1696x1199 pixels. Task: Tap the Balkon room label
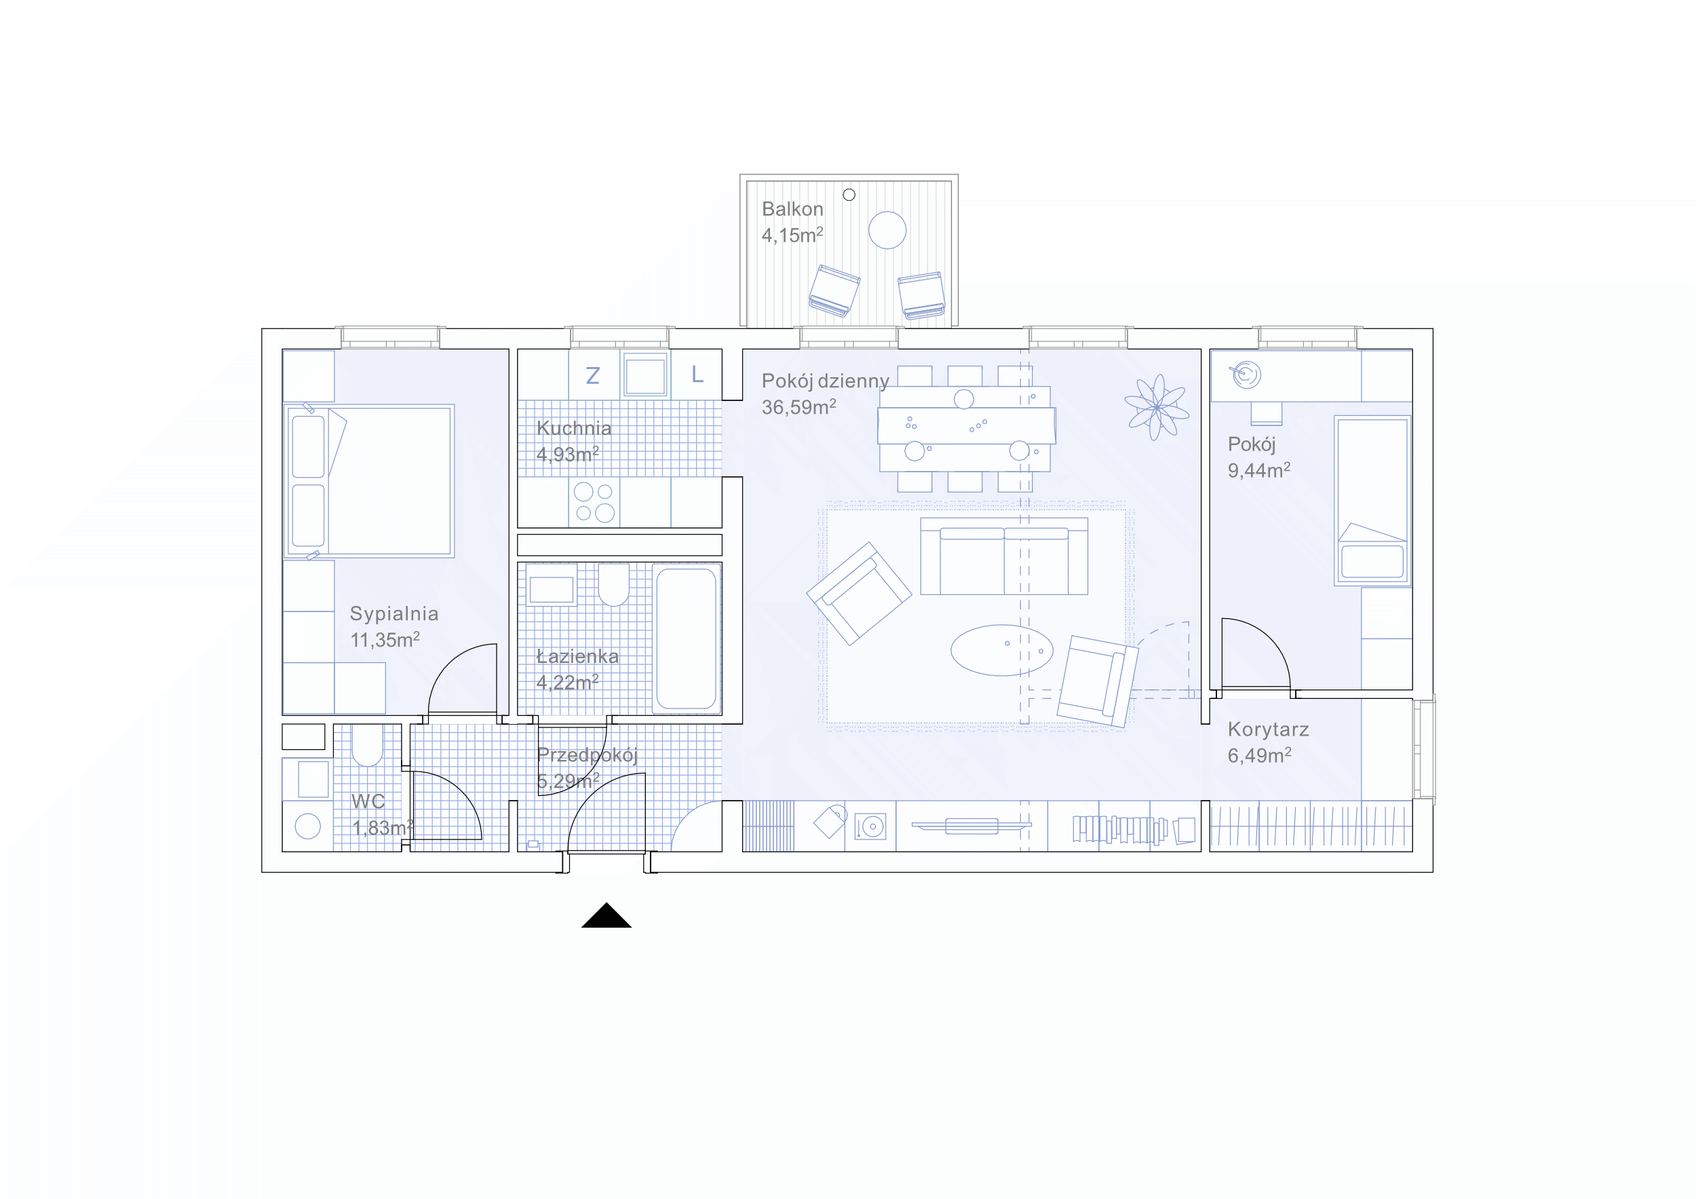click(x=792, y=209)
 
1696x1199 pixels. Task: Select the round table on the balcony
click(x=887, y=230)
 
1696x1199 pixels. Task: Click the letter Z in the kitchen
click(x=592, y=376)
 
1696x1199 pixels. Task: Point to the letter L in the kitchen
click(x=697, y=375)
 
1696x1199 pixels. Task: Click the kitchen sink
click(x=646, y=375)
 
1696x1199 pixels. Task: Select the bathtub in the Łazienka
click(x=687, y=639)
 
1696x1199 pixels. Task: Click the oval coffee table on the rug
click(x=1001, y=650)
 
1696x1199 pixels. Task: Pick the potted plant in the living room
click(x=1157, y=407)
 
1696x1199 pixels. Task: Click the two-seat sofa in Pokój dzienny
click(x=1004, y=556)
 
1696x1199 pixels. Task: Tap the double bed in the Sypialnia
click(x=369, y=481)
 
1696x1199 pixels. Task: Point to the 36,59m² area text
click(x=798, y=407)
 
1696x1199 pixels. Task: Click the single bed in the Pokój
click(x=1372, y=501)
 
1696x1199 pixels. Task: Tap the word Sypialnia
click(x=394, y=615)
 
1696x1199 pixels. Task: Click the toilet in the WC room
click(x=366, y=744)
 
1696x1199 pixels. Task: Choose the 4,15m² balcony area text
click(x=792, y=235)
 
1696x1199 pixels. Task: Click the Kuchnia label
click(x=574, y=428)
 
